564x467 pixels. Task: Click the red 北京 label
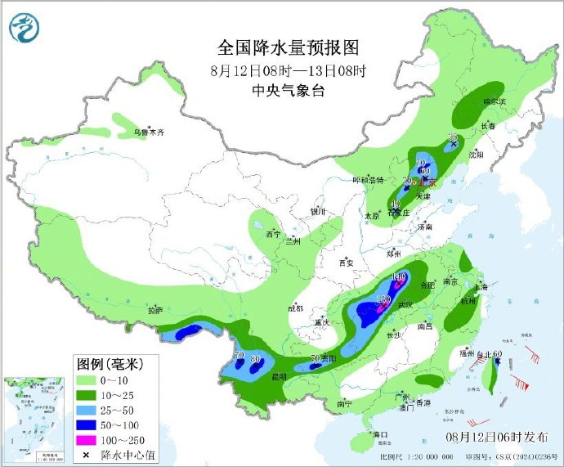[429, 182]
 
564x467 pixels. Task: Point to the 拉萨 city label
[155, 311]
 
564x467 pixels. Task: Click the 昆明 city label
[279, 376]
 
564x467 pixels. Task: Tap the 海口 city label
[379, 434]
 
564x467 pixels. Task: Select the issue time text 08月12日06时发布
[492, 438]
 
